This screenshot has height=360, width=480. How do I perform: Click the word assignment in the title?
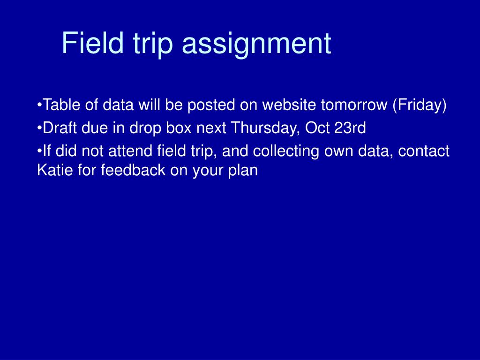(x=256, y=44)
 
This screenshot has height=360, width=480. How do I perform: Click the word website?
(x=289, y=105)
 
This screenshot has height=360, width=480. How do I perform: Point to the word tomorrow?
(x=354, y=105)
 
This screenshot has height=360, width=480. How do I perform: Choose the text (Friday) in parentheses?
(x=420, y=106)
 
